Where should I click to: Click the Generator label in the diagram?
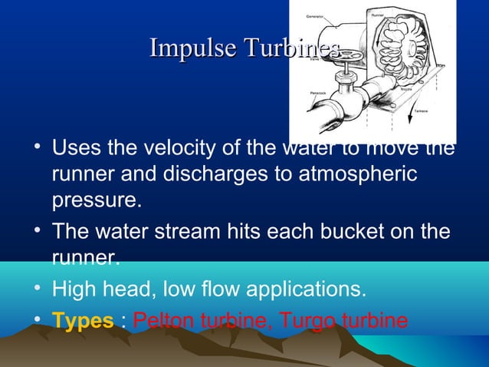(315, 15)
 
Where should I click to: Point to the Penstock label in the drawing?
(318, 92)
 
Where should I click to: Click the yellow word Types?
(82, 320)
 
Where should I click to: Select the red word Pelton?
(164, 320)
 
